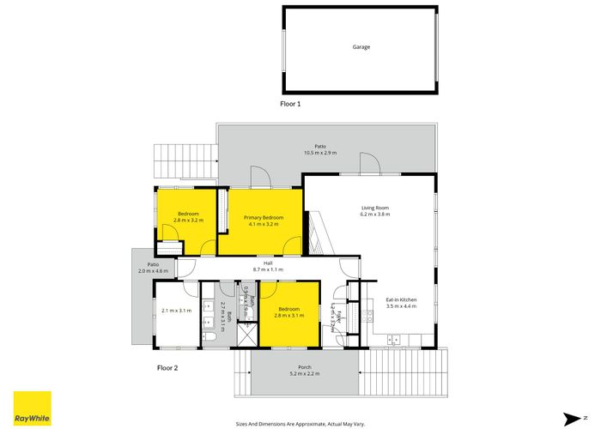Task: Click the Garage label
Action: [x=361, y=47]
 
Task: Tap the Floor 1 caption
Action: [x=290, y=103]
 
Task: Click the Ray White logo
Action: [x=32, y=408]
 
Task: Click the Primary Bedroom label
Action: [x=264, y=218]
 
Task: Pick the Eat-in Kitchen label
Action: [x=402, y=299]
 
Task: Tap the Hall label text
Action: [x=268, y=263]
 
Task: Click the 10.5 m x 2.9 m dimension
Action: [x=319, y=153]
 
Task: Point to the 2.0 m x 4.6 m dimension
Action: [x=154, y=271]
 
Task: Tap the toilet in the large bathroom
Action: [x=210, y=341]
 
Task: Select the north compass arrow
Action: [x=569, y=418]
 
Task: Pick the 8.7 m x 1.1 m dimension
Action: [x=268, y=269]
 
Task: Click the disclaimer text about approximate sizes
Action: [x=300, y=423]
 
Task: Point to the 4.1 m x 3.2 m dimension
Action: [x=264, y=225]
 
